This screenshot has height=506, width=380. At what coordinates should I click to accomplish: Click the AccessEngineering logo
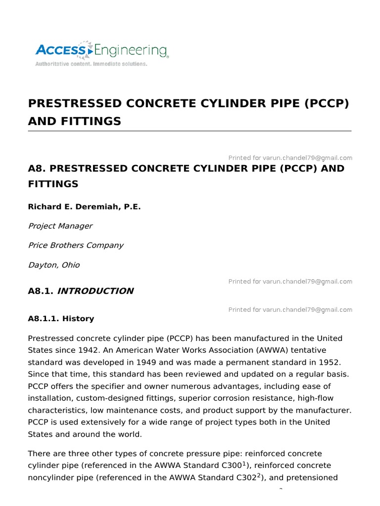click(x=101, y=50)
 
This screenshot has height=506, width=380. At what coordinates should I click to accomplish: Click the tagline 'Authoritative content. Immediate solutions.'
click(x=91, y=64)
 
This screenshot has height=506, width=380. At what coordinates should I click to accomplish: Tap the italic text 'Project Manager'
click(x=60, y=226)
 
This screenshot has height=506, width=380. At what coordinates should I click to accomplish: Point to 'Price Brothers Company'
click(x=76, y=245)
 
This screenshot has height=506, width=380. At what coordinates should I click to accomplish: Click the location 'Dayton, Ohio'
click(x=54, y=265)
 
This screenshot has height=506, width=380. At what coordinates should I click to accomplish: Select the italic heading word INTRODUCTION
click(x=95, y=291)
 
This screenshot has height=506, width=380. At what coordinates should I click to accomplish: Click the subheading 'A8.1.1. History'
click(x=61, y=319)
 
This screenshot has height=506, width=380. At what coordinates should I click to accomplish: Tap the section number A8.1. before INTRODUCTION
click(x=41, y=291)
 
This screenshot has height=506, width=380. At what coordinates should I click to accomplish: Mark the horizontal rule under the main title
click(x=190, y=131)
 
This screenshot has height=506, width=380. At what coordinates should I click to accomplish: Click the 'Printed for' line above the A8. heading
click(x=290, y=158)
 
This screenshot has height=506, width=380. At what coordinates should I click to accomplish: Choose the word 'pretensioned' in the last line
click(x=307, y=477)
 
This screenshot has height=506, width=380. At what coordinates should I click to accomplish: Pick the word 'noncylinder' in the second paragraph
click(x=52, y=477)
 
